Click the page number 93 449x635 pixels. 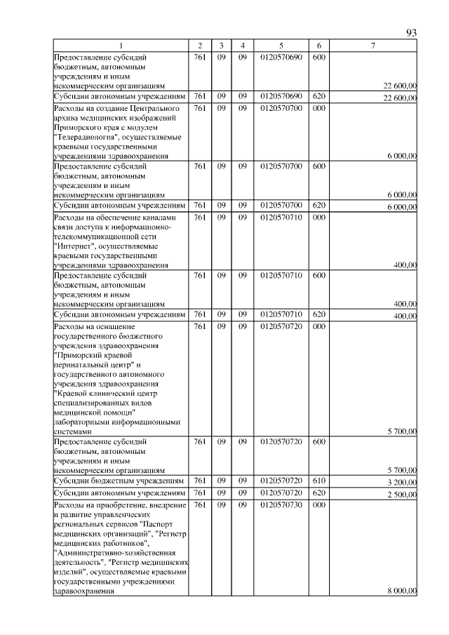pyautogui.click(x=412, y=33)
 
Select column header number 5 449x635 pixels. pyautogui.click(x=281, y=46)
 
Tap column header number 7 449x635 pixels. pyautogui.click(x=373, y=46)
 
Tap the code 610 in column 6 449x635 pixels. pyautogui.click(x=319, y=481)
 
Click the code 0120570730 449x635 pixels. pyautogui.click(x=281, y=505)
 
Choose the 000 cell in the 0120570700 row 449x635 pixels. pyautogui.click(x=319, y=108)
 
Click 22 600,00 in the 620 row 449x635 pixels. pyautogui.click(x=400, y=98)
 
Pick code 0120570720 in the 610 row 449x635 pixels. pyautogui.click(x=281, y=481)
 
